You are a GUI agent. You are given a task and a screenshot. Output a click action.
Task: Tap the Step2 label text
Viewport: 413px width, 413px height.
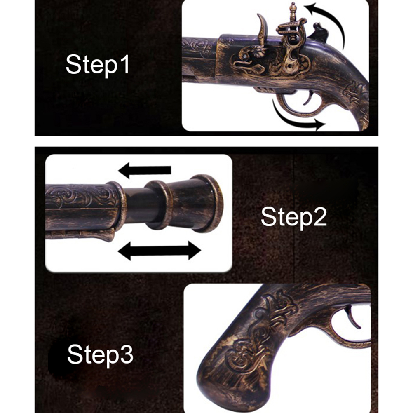click(294, 217)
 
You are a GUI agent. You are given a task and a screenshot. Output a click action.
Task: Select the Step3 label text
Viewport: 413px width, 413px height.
click(100, 355)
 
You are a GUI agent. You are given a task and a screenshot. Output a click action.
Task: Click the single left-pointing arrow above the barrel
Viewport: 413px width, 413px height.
click(145, 170)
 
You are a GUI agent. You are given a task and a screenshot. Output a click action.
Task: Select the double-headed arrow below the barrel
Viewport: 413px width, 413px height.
click(160, 251)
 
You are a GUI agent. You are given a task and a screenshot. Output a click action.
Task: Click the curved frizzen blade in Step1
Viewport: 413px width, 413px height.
click(263, 30)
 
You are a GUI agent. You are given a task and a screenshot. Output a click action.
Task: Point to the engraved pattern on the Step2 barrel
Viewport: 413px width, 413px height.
click(82, 196)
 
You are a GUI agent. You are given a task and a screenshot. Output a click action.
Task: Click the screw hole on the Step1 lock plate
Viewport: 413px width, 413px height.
click(290, 65)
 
